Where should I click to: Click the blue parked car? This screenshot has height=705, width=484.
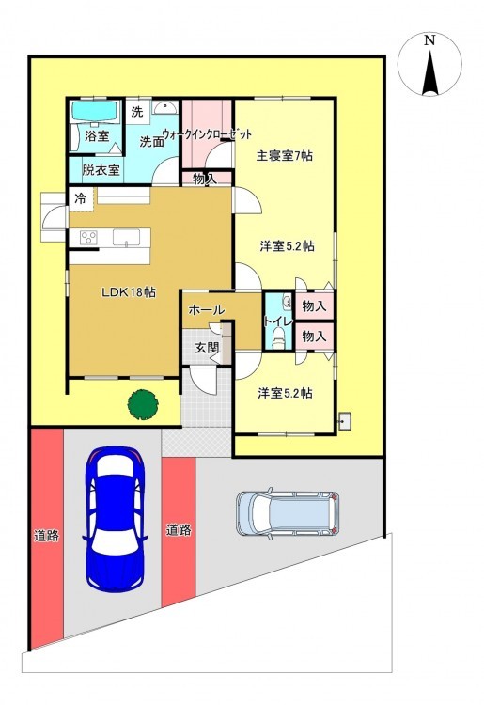(115, 518)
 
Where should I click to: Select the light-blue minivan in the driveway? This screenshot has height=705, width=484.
(288, 513)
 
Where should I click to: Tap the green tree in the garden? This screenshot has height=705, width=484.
(143, 404)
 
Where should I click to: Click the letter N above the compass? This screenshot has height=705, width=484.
(430, 40)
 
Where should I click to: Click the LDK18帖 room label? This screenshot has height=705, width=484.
(129, 291)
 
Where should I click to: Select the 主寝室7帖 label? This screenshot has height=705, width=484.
(285, 155)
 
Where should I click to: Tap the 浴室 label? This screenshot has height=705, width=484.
(97, 135)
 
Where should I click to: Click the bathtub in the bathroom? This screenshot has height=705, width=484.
(95, 111)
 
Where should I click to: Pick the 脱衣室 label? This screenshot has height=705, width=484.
(101, 170)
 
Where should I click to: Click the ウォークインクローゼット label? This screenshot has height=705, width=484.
(207, 134)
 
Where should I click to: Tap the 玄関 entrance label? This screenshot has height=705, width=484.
(207, 347)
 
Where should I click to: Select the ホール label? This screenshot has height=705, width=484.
(206, 310)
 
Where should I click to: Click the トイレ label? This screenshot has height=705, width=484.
(278, 321)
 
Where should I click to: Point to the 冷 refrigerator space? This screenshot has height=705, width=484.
(81, 198)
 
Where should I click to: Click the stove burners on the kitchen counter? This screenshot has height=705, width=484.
(88, 237)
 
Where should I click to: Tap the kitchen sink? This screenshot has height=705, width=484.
(126, 237)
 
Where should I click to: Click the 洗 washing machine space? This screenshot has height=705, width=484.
(137, 111)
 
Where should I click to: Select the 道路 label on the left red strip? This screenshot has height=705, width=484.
(46, 536)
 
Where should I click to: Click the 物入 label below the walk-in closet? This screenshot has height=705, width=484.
(205, 179)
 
